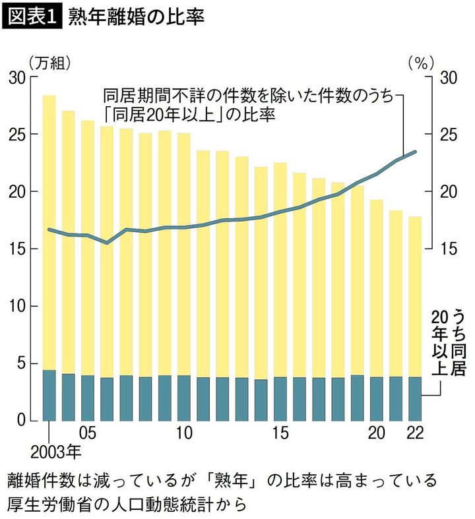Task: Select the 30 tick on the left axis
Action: pyautogui.click(x=17, y=77)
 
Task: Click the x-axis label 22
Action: pyautogui.click(x=415, y=434)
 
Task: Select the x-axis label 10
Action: pyautogui.click(x=184, y=434)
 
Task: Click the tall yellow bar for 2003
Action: pyautogui.click(x=49, y=231)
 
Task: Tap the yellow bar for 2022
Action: pyautogui.click(x=415, y=297)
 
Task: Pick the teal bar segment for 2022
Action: pyautogui.click(x=415, y=399)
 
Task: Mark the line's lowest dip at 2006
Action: pyautogui.click(x=107, y=243)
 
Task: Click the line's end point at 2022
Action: pyautogui.click(x=415, y=152)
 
